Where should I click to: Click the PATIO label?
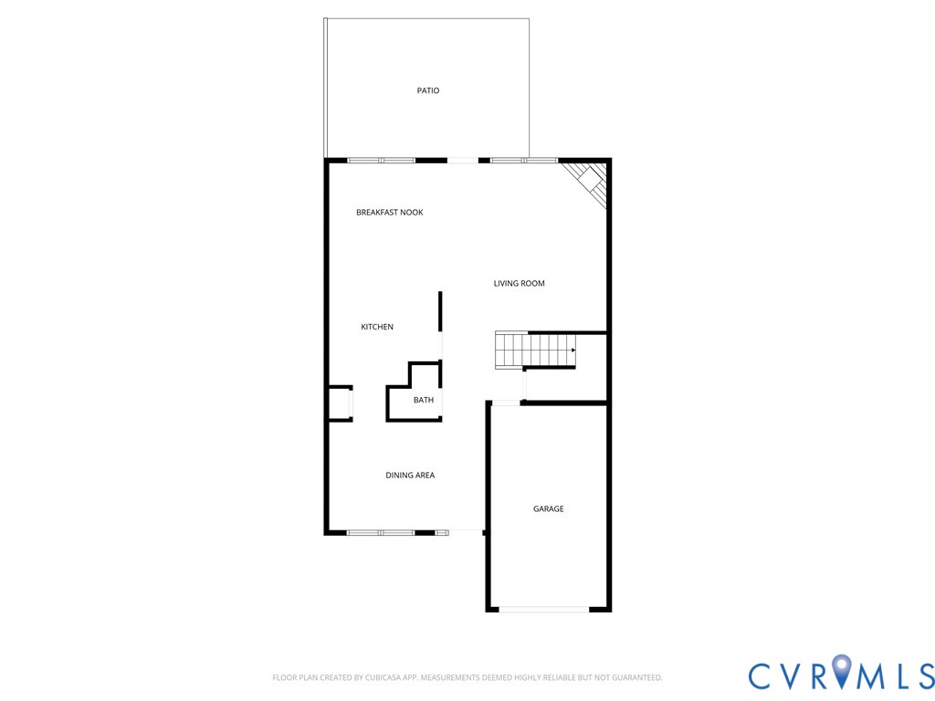(x=428, y=90)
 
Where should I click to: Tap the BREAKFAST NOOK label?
(x=389, y=213)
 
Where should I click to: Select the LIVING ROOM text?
(x=519, y=284)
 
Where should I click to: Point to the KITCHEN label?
(x=377, y=327)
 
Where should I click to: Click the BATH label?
(x=424, y=401)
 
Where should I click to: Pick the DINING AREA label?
(x=410, y=476)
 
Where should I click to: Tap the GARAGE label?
(x=549, y=509)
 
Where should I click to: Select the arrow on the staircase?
(x=573, y=350)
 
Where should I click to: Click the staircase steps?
(x=534, y=350)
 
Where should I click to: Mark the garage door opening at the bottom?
(x=544, y=609)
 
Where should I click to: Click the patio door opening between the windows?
(x=462, y=161)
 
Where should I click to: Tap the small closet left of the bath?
(x=340, y=403)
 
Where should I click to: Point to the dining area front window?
(x=381, y=531)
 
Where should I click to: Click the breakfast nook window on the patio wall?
(x=382, y=161)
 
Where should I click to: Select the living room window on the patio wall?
(x=523, y=161)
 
